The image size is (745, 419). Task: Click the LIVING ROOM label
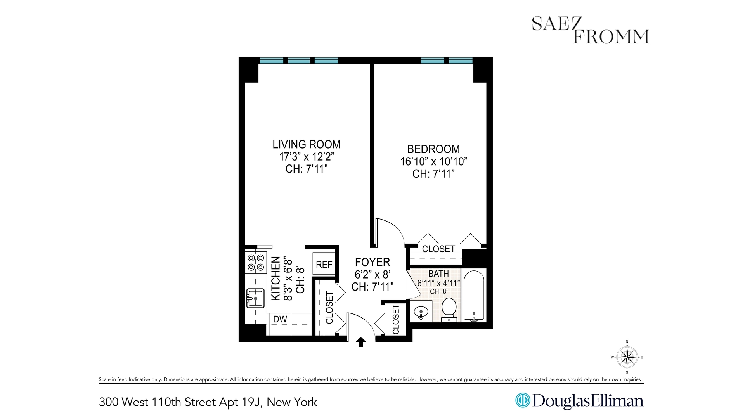[x=306, y=144]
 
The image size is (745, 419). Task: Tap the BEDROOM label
[x=433, y=149]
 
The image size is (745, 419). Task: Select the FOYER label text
[x=372, y=262]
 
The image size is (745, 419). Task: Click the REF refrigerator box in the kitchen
[x=324, y=264]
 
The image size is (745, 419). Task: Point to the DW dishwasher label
[x=280, y=319]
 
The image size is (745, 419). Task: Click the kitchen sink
[x=255, y=298]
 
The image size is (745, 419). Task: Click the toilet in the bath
[x=449, y=309]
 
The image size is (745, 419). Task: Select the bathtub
[x=474, y=295]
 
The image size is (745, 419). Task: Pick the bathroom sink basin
[x=421, y=311]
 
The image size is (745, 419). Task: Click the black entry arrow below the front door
[x=361, y=341]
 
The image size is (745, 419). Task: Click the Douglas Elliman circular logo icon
[x=522, y=400]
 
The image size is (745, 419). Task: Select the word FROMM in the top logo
[x=611, y=37]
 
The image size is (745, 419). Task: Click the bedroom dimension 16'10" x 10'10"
[x=433, y=161]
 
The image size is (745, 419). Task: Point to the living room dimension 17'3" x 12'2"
[x=306, y=157]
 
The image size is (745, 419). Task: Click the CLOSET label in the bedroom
[x=438, y=249]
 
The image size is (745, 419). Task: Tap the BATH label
[x=438, y=274]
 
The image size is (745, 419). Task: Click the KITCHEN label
[x=275, y=278]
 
